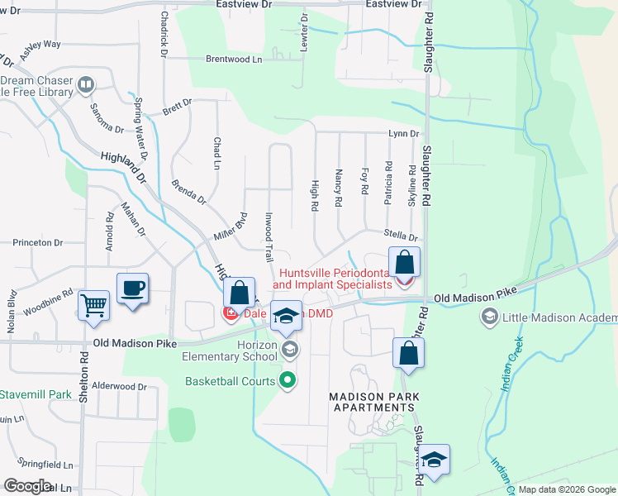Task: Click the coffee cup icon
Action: click(x=132, y=289)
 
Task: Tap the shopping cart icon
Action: click(x=93, y=305)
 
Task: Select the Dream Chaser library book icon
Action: click(x=86, y=85)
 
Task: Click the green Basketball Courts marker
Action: click(x=288, y=381)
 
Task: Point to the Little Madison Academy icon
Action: click(x=489, y=317)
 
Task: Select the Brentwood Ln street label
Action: click(x=233, y=60)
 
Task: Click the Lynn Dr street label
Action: click(x=403, y=134)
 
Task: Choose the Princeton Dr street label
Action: click(x=37, y=243)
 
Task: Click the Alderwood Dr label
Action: click(x=119, y=386)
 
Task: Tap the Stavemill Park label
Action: click(x=36, y=394)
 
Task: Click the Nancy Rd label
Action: click(x=339, y=188)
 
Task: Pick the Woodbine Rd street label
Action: click(x=48, y=298)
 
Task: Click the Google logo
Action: click(x=28, y=485)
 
